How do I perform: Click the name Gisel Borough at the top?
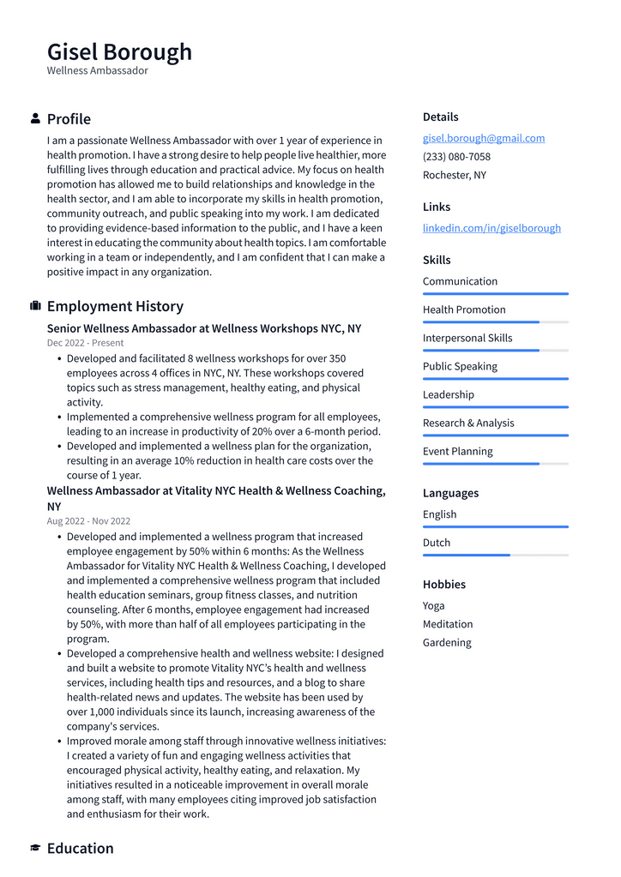coord(119,51)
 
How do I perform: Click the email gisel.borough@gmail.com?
coord(483,138)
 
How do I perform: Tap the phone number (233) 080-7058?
coord(456,157)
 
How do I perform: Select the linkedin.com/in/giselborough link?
coord(491,228)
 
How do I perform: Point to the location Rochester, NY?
coord(454,175)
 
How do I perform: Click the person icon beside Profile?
coord(35,118)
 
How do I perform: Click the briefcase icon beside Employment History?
coord(35,306)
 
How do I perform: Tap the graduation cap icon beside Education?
coord(35,848)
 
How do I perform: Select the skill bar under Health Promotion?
coord(495,322)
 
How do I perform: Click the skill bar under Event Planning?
coord(495,464)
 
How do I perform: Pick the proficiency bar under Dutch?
coord(495,556)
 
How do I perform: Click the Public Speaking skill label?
coord(460,366)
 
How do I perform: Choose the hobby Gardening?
coord(446,643)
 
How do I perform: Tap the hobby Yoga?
coord(433,606)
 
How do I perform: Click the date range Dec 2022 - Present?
coord(85,343)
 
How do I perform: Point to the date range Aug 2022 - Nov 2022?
coord(88,521)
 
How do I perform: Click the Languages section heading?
coord(450,493)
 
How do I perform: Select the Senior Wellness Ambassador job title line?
coord(204,328)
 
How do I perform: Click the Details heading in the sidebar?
coord(440,117)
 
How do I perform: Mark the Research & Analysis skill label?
coord(468,423)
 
